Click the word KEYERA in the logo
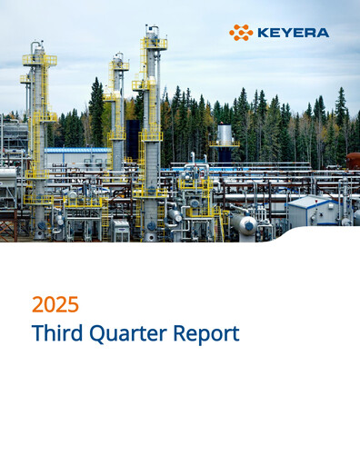tap(292, 33)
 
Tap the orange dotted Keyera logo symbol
tap(241, 33)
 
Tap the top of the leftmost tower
tap(37, 45)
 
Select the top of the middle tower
tap(117, 57)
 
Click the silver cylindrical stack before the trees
tap(225, 135)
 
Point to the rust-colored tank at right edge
tap(353, 161)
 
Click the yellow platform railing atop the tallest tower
tap(153, 43)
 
